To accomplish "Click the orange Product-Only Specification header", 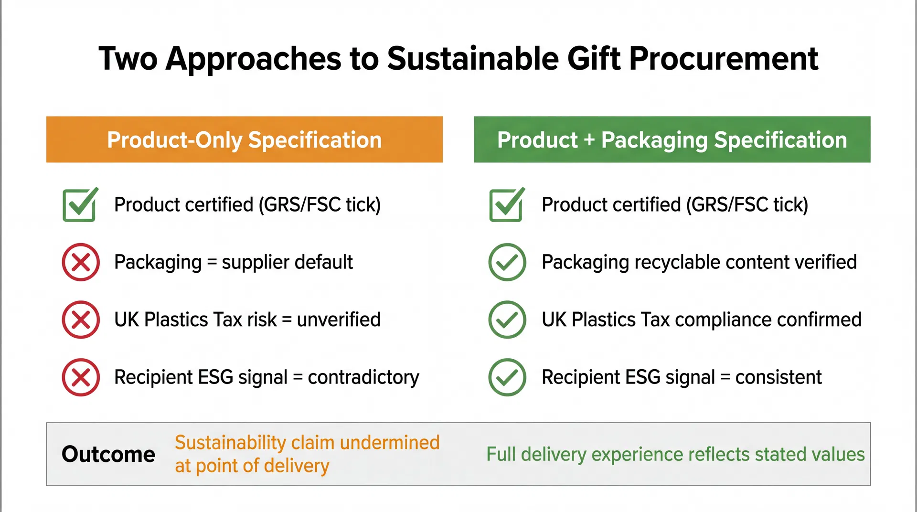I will click(x=244, y=139).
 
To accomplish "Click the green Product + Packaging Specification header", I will click(x=672, y=139).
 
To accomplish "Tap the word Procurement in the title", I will click(x=723, y=59).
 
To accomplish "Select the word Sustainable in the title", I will click(x=473, y=59).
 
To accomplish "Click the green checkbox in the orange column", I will click(x=79, y=205).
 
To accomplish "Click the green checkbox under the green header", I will click(x=506, y=205).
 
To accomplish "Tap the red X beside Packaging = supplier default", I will click(x=81, y=262).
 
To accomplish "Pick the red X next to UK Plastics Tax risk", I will click(x=81, y=320).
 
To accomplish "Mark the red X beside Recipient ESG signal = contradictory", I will click(x=81, y=377).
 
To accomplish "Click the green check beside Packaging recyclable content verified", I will click(x=507, y=262).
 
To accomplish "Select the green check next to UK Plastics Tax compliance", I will click(x=507, y=320).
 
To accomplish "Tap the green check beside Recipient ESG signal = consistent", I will click(x=507, y=377).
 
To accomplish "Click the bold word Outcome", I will click(x=108, y=454).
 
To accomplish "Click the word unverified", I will click(x=339, y=320).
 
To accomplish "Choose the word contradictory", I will click(x=363, y=377).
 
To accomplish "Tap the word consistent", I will click(x=778, y=377).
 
